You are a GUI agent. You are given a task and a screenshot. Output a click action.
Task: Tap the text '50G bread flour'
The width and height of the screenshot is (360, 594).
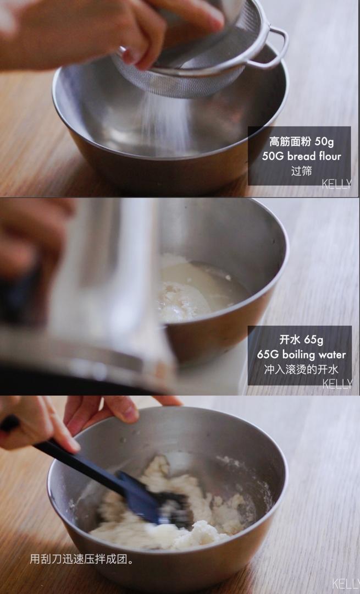(x=301, y=156)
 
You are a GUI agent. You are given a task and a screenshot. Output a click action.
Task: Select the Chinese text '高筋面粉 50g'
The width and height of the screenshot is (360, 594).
(x=301, y=142)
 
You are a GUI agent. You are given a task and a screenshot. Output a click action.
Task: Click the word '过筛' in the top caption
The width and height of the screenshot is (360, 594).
(x=301, y=170)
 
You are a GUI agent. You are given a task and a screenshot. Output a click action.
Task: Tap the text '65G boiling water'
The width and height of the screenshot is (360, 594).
(x=301, y=354)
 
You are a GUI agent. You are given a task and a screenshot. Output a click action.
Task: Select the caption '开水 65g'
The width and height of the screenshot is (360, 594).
(x=301, y=339)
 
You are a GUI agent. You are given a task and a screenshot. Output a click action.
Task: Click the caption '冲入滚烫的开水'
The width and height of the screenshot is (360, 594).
(x=301, y=369)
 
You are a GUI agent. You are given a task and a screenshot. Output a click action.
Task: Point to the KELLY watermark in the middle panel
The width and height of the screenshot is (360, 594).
(x=336, y=383)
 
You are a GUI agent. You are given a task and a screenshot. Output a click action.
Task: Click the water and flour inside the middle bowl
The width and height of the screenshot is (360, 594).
(x=198, y=291)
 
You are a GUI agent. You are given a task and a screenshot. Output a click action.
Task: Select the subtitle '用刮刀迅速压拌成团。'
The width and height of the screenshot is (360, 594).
(x=82, y=559)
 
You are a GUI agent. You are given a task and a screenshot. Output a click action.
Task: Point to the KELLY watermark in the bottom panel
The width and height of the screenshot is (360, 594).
(x=345, y=583)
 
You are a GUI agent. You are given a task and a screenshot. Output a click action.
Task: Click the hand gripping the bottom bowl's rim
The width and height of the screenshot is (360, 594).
(x=118, y=408)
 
